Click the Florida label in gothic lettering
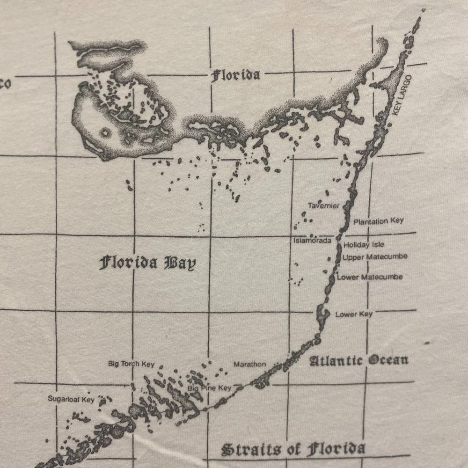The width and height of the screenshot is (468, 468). click(235, 75)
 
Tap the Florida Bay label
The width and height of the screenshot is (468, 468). click(147, 263)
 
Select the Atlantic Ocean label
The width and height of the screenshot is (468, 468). click(359, 360)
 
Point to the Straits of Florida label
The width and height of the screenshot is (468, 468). click(293, 449)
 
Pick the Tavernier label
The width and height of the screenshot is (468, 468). click(323, 206)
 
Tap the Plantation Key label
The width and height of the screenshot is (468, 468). click(378, 221)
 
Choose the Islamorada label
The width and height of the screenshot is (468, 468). click(312, 241)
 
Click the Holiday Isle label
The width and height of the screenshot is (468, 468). click(364, 245)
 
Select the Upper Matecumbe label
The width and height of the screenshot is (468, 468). click(374, 257)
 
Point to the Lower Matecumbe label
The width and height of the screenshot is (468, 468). click(369, 277)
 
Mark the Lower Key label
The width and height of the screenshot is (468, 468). click(354, 314)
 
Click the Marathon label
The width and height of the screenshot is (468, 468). click(249, 364)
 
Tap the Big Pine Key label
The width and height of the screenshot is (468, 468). click(210, 388)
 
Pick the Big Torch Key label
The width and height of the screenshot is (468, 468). click(131, 364)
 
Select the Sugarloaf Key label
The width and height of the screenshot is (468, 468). click(71, 399)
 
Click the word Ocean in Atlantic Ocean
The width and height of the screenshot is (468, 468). click(388, 360)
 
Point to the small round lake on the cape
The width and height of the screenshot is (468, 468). click(103, 132)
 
